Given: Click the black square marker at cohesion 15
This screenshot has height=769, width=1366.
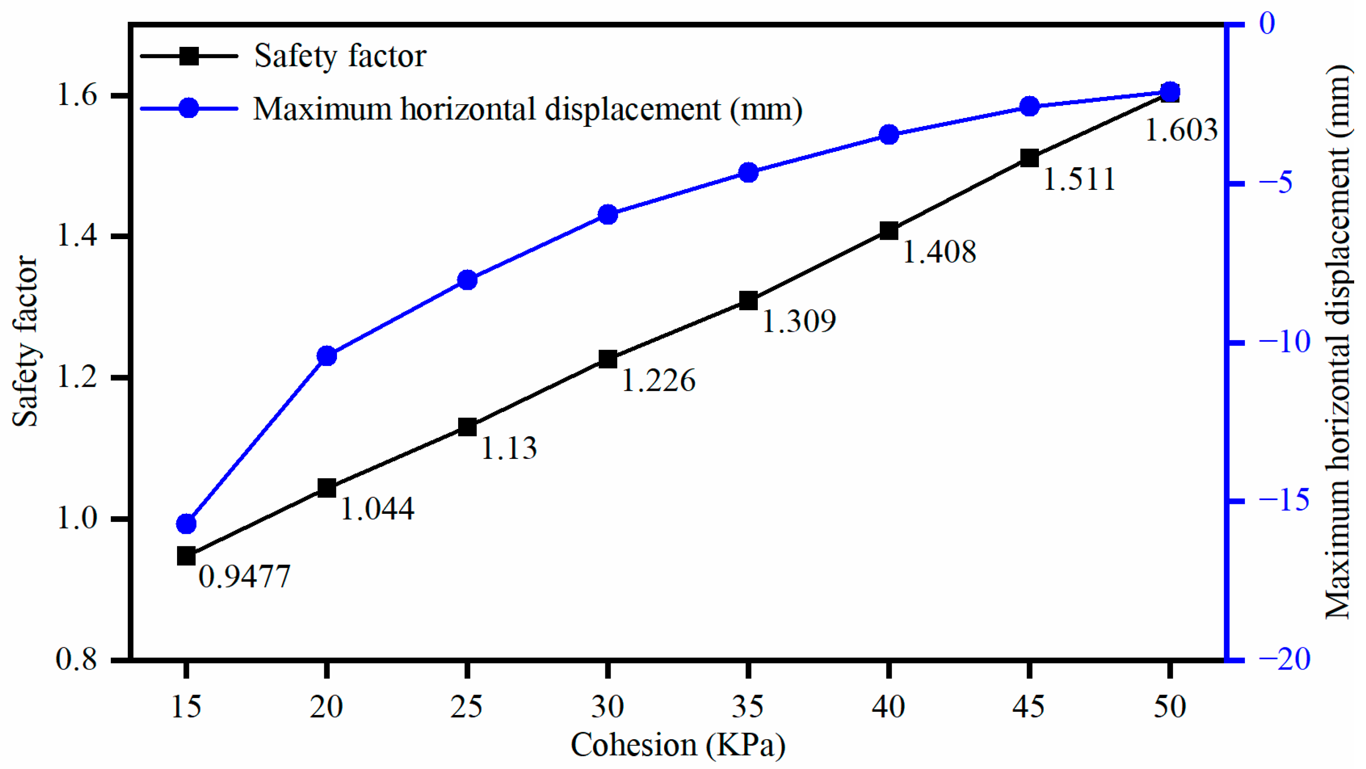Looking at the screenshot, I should pos(186,556).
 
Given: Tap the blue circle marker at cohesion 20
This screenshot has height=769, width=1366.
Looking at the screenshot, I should pos(327,356).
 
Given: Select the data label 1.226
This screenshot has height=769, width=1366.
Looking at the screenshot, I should pos(658,381).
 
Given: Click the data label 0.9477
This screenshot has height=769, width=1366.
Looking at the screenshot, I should pos(244,576).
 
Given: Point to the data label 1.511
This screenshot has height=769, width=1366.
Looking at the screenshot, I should pos(1079,179).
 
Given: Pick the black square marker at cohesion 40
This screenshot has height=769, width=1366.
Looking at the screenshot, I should pos(889,231).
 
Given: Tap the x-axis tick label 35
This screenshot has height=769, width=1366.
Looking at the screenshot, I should pos(748,707).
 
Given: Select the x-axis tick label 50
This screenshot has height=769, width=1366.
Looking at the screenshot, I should pos(1169,707).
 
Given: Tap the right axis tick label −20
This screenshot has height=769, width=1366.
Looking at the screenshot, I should pos(1284,660).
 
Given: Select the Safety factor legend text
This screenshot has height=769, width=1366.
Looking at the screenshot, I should pos(340,56).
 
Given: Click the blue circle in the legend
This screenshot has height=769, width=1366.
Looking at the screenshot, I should pos(189,108).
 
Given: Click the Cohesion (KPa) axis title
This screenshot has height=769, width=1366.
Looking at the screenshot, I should pos(678,745).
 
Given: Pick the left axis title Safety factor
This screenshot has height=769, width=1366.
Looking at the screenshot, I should pos(26,342).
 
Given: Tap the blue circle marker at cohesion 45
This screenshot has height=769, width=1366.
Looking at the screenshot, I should pos(1029,106).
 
